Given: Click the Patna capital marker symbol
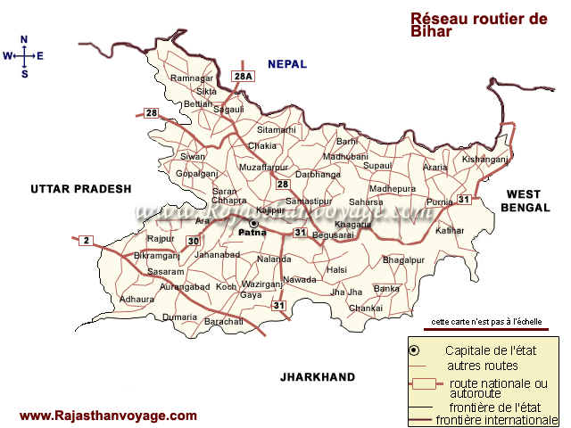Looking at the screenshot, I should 253,223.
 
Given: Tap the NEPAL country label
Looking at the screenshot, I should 287,64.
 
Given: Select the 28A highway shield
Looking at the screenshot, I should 244,78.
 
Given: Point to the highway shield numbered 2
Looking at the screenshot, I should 86,240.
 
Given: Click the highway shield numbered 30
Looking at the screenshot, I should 194,241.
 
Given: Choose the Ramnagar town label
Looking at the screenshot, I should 192,78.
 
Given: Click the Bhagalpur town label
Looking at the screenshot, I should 401,259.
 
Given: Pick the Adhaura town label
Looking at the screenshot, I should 137,300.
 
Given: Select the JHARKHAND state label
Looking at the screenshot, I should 317,377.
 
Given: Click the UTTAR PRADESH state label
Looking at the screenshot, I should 80,189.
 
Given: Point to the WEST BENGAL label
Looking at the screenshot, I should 524,200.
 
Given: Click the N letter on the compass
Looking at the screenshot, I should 25,39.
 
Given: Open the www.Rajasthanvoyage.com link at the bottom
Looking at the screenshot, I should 108,416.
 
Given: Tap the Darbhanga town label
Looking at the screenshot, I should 319,175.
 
